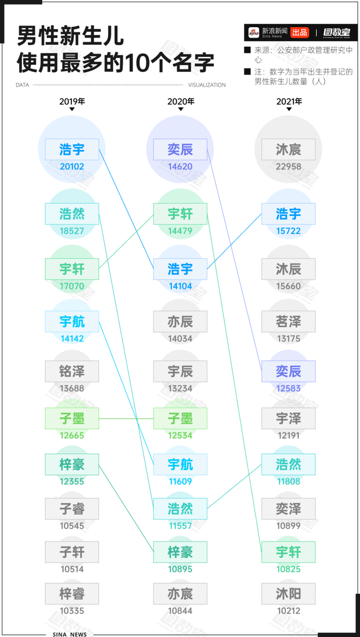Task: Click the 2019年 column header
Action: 72,101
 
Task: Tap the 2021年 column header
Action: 289,101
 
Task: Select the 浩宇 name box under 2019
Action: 72,150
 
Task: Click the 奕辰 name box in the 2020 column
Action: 181,150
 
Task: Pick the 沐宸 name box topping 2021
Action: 289,150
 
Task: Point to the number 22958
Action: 289,167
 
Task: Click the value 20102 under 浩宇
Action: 72,167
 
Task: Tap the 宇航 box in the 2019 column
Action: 72,322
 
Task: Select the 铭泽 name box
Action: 72,371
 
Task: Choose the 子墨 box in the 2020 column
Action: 181,418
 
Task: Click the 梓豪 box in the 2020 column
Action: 181,552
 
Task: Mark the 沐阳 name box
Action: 289,594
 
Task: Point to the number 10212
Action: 289,611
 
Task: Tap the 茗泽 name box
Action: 289,322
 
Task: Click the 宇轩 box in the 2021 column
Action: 289,552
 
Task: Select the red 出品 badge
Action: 299,32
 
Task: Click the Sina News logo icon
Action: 254,32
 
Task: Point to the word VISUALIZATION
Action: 207,85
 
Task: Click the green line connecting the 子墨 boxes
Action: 126,418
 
